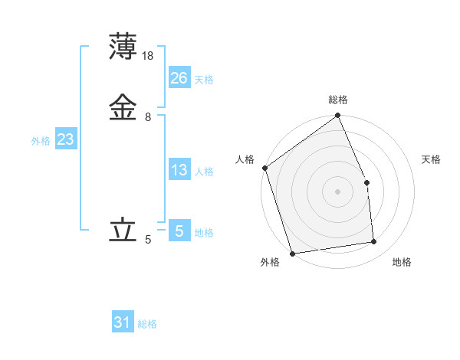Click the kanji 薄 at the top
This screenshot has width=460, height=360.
point(123,47)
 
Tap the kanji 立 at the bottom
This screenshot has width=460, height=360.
point(123,229)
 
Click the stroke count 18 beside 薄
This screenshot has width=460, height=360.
point(149,56)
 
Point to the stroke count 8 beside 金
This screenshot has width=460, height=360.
point(148,117)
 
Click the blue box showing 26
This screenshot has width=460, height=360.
point(179,78)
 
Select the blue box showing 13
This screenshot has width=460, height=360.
point(179,170)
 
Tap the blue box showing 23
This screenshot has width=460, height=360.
point(65,139)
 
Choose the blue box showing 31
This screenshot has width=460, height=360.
point(123,323)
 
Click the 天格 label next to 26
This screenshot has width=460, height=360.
point(204,80)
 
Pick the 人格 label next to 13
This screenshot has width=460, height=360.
point(204,172)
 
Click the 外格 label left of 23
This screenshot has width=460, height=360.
point(41,141)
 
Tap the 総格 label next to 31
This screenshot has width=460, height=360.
point(147,325)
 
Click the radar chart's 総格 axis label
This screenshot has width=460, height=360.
point(338,100)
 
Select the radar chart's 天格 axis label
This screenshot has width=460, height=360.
point(431,159)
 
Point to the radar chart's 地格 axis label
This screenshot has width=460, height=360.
point(402,262)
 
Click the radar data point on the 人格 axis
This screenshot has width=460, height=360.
point(264,168)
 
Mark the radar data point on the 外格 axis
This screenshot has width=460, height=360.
point(292,253)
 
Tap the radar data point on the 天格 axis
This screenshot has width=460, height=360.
point(366,182)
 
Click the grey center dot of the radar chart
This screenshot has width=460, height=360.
point(337,191)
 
